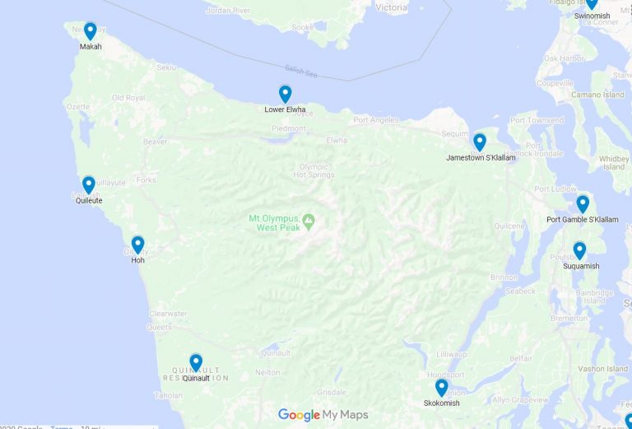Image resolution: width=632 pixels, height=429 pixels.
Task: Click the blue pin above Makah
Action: click(x=90, y=31)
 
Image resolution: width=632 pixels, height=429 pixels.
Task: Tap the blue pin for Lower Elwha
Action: click(x=285, y=94)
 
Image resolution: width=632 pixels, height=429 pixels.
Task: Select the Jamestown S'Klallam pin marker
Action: click(x=480, y=142)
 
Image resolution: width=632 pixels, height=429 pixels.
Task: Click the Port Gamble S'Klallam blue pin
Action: click(x=583, y=203)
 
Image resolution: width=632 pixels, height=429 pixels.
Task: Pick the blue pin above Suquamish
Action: click(x=579, y=250)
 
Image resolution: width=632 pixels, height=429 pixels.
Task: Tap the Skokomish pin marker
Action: click(x=442, y=387)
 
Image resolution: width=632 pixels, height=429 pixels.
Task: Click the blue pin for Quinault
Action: click(x=196, y=362)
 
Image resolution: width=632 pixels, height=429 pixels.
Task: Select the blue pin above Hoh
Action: click(x=137, y=245)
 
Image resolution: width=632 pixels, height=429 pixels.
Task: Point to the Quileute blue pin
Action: click(x=89, y=184)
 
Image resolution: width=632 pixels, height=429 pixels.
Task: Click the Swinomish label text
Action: click(x=592, y=16)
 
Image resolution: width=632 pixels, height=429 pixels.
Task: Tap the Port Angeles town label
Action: click(x=375, y=120)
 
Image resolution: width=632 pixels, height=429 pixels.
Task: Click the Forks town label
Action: click(x=146, y=180)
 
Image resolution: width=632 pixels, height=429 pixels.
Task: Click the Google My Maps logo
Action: click(x=323, y=415)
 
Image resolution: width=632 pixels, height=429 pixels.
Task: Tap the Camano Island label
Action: click(x=597, y=95)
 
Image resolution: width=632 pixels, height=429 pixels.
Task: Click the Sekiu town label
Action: click(x=166, y=67)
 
